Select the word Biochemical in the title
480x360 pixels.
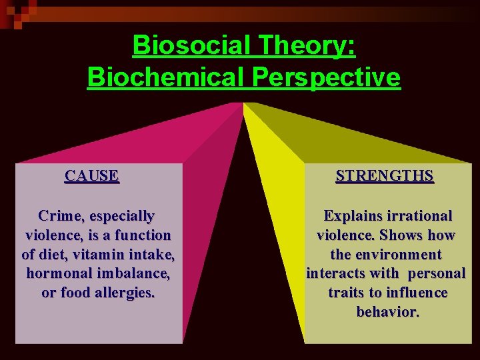pos(166,77)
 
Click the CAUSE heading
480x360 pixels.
pos(92,176)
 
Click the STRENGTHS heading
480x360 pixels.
pos(385,176)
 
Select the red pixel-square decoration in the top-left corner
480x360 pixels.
pos(15,12)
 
